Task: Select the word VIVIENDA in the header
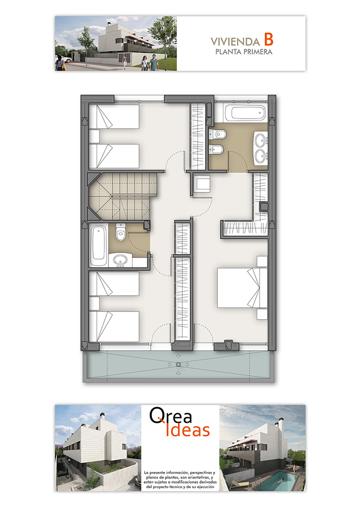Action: (235, 42)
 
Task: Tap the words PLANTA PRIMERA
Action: (244, 52)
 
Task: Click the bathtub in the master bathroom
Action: (246, 113)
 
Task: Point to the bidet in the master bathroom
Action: (216, 149)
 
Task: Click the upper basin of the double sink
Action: (260, 140)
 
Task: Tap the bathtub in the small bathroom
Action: (99, 246)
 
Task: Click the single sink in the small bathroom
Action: (120, 260)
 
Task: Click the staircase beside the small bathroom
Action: (123, 196)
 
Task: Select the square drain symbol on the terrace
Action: (178, 364)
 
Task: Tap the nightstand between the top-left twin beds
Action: (94, 136)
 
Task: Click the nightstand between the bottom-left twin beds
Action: (94, 303)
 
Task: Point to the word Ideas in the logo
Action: (187, 430)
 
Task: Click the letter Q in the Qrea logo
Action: (157, 416)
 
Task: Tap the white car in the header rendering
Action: (66, 60)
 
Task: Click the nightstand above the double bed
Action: (262, 261)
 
